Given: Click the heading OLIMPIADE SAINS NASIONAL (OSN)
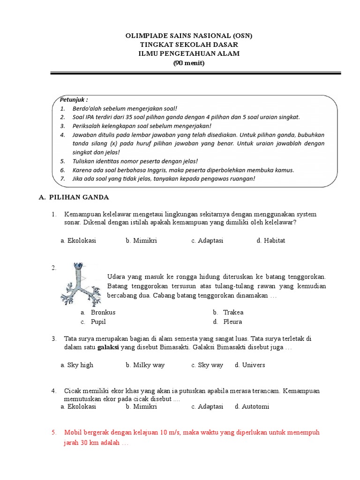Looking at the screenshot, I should [185, 36].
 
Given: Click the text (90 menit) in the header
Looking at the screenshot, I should [189, 63].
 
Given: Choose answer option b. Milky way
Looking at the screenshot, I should [145, 365].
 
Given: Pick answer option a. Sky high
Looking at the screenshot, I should [77, 365].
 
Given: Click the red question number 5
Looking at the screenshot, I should [54, 432].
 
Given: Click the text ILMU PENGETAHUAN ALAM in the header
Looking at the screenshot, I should [189, 54].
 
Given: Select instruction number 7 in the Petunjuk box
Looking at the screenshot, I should [62, 179].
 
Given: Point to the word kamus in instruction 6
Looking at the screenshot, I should [284, 170].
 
